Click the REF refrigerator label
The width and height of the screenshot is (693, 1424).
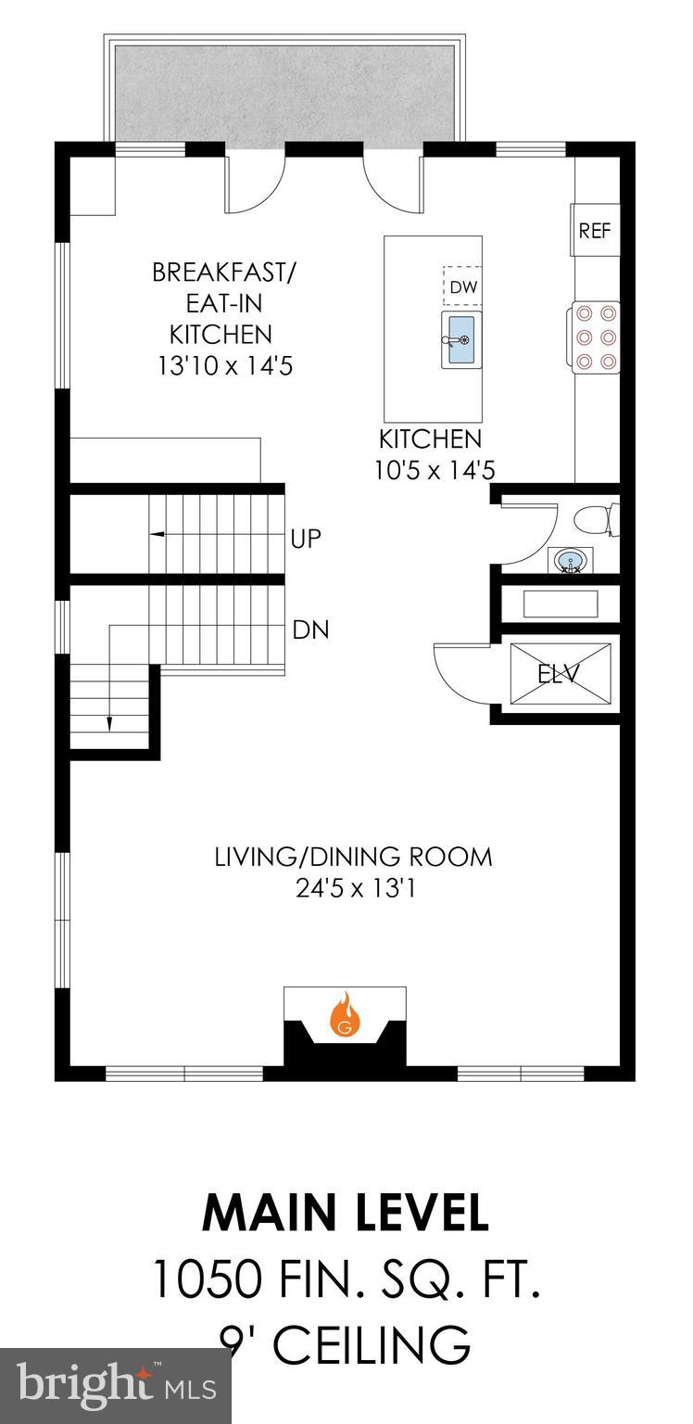tap(595, 231)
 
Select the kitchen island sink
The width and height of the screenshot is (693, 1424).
tap(459, 340)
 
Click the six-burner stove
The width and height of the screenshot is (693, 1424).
tap(596, 337)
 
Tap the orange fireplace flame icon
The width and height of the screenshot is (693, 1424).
tap(346, 1014)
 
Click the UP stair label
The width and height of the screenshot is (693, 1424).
tap(306, 539)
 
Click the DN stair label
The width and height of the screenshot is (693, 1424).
tap(309, 630)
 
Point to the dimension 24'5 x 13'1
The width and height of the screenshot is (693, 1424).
tap(353, 888)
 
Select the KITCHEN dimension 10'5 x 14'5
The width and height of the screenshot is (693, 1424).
tap(435, 470)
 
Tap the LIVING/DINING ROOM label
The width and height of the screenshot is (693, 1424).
tap(353, 856)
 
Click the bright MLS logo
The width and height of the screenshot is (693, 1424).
tap(115, 1388)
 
